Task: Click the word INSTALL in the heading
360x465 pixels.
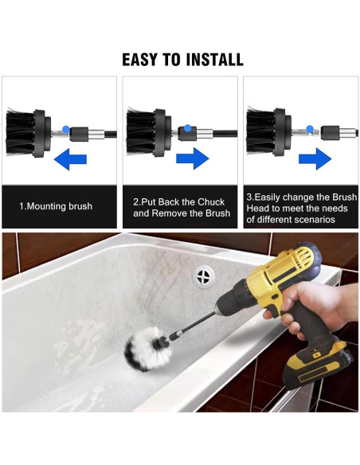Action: (213, 60)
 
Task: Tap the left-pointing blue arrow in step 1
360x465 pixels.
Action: (70, 159)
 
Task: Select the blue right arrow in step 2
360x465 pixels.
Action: (193, 158)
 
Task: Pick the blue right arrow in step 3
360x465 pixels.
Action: (315, 159)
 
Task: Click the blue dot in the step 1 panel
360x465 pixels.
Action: (66, 129)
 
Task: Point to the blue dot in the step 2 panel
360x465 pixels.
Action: (187, 128)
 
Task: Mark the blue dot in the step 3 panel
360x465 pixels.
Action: (310, 129)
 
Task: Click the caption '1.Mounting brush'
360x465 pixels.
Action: (56, 206)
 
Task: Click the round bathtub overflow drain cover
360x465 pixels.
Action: (204, 276)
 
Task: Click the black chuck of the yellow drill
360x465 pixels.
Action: (231, 300)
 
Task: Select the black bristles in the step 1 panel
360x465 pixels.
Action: (20, 132)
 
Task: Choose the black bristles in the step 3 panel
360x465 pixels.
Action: (260, 132)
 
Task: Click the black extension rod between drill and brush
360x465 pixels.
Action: (192, 326)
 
